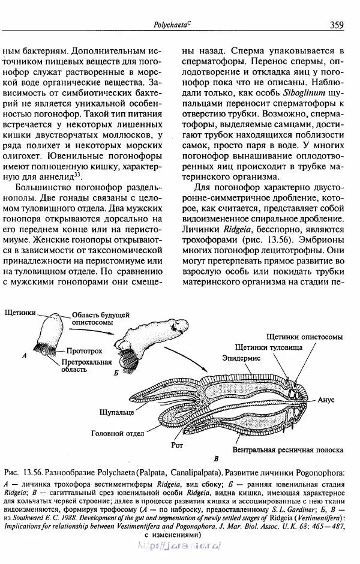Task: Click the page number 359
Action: pyautogui.click(x=336, y=25)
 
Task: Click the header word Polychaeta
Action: pyautogui.click(x=172, y=25)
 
